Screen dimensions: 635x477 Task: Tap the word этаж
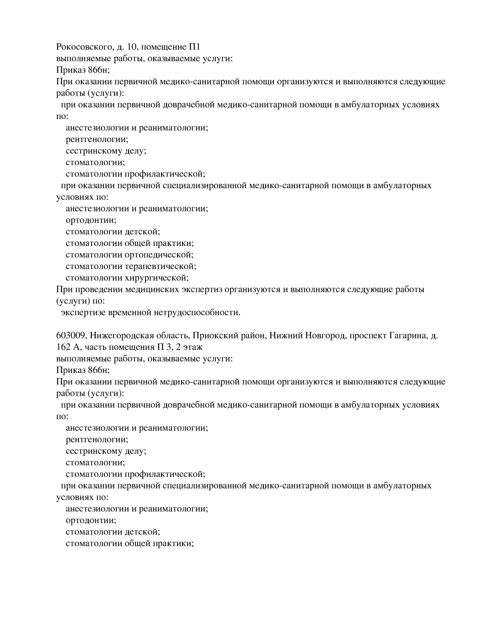click(193, 347)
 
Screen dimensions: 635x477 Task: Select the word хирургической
click(157, 278)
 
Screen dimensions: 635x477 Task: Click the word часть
click(94, 347)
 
